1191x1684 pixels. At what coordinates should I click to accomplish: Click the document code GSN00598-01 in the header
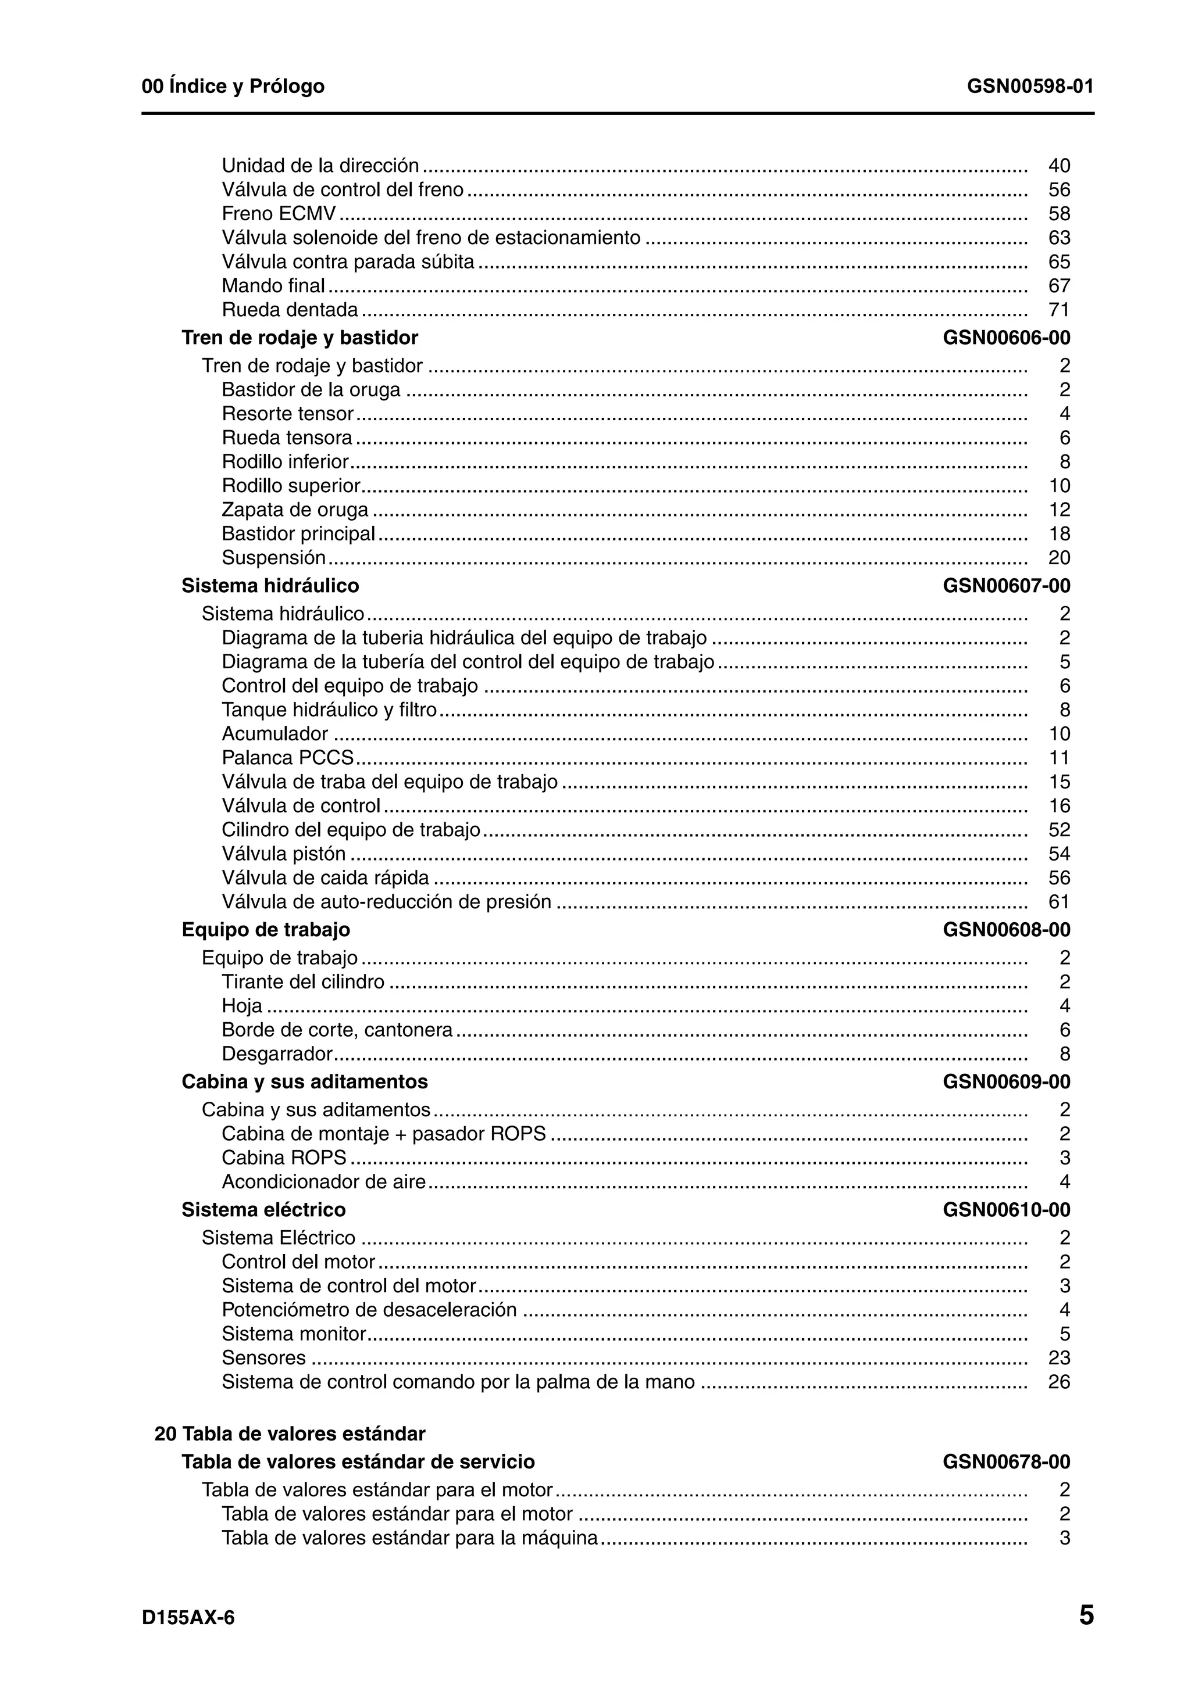tap(1029, 87)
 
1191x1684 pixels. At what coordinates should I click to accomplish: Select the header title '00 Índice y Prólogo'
tap(233, 87)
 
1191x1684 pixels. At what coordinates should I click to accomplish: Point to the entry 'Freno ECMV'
tap(279, 213)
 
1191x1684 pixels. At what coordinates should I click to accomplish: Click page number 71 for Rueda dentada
tap(1059, 310)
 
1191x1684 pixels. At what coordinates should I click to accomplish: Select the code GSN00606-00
tap(1006, 338)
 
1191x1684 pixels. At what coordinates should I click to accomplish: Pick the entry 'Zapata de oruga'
tap(295, 509)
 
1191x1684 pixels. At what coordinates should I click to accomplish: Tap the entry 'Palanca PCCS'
tap(288, 757)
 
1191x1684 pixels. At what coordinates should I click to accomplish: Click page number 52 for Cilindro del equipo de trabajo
tap(1059, 830)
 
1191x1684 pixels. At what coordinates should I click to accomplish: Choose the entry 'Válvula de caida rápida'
tap(325, 877)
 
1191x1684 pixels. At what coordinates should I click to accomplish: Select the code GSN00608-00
tap(1006, 929)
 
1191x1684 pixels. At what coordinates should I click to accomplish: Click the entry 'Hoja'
tap(241, 1005)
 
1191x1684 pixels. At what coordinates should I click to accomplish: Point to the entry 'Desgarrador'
tap(277, 1054)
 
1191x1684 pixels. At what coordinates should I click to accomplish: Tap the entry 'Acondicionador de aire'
tap(323, 1181)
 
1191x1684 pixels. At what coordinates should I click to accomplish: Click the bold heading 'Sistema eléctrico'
tap(263, 1209)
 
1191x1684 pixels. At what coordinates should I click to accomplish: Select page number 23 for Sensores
tap(1059, 1357)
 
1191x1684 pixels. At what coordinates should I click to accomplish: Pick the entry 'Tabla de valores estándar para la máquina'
tap(409, 1538)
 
